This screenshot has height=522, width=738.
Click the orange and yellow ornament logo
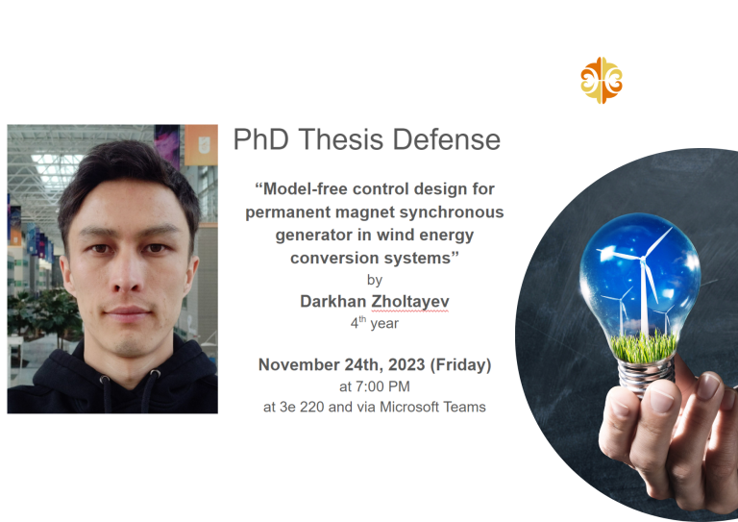(x=601, y=80)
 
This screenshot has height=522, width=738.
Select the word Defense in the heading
(x=446, y=139)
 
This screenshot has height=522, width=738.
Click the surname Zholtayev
(x=410, y=302)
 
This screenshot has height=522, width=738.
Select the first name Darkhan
(x=332, y=301)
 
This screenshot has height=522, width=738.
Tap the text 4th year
(x=374, y=323)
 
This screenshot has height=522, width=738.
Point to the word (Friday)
(x=461, y=365)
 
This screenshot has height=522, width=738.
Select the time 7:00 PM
(x=382, y=386)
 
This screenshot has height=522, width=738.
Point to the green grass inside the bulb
(x=644, y=347)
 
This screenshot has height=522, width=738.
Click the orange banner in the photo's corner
(x=201, y=145)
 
